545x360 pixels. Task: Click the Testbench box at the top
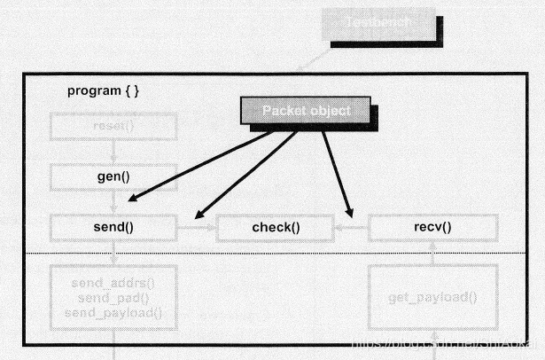pos(382,24)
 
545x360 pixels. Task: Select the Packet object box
pos(306,110)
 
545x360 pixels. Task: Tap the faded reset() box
pos(113,126)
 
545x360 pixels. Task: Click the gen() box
pos(113,176)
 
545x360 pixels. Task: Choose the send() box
pos(113,227)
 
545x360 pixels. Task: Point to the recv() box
pos(432,227)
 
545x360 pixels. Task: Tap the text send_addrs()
pos(113,284)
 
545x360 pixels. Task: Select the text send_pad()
pos(113,297)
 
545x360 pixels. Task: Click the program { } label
pos(103,91)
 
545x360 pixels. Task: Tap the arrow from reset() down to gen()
pos(113,152)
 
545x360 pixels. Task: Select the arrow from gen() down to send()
pos(113,202)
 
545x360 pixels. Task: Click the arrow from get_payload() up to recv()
pos(432,254)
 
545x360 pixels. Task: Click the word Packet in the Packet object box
pos(283,110)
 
